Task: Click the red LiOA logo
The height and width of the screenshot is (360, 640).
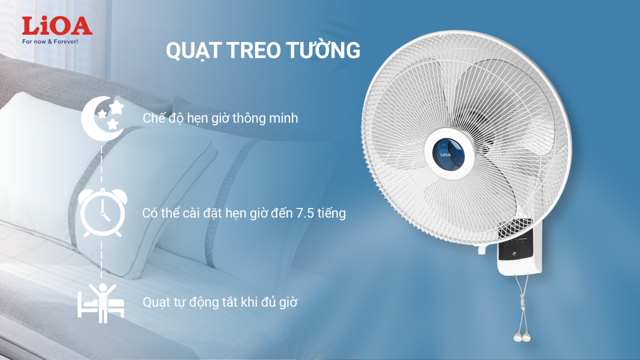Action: (57, 26)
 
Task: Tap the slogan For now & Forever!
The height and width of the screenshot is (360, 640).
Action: (50, 42)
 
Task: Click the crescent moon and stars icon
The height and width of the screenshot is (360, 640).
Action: (103, 118)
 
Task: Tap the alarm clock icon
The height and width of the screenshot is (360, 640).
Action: (102, 213)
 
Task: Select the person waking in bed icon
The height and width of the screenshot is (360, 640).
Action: (101, 303)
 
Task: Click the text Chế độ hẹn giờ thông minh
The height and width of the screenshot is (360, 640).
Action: (220, 118)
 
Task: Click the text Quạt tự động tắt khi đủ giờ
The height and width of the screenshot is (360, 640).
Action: (220, 302)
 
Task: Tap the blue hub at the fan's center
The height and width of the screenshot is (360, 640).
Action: (449, 155)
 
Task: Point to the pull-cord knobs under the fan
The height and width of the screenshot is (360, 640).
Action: (522, 337)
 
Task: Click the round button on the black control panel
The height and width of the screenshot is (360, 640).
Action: (515, 254)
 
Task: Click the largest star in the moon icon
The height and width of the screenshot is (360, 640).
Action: (117, 107)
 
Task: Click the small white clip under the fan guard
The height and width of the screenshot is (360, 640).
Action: (482, 250)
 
